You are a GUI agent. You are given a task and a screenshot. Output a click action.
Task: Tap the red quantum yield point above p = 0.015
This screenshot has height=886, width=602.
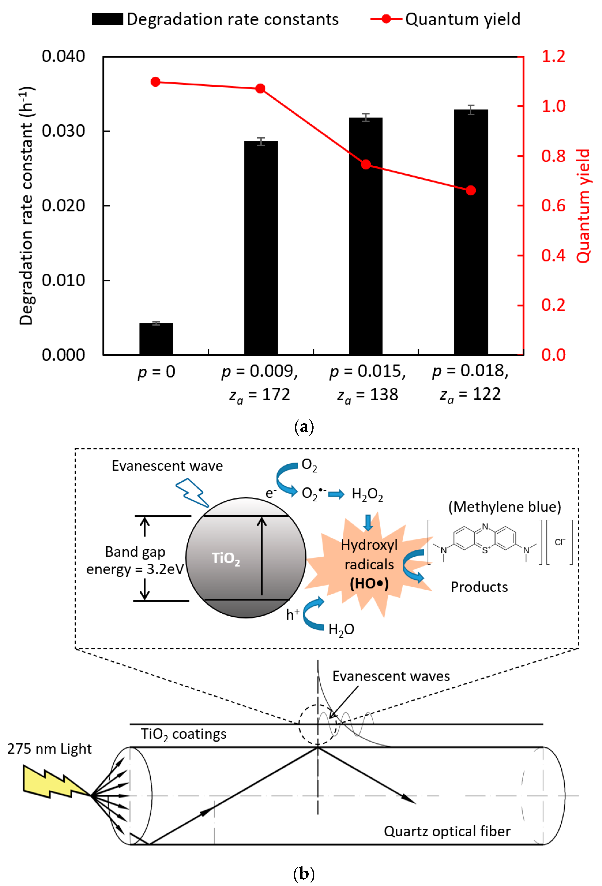point(365,164)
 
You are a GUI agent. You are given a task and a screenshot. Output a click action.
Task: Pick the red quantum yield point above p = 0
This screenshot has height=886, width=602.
point(155,82)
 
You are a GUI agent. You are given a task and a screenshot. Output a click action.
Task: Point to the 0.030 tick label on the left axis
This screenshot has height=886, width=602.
point(63,131)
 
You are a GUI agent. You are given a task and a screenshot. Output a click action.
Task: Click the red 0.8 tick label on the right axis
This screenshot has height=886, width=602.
point(553,156)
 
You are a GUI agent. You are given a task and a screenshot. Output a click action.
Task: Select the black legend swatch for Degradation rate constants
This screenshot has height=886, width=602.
point(107,19)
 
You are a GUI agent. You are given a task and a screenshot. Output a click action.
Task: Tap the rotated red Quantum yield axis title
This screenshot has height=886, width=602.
point(583,206)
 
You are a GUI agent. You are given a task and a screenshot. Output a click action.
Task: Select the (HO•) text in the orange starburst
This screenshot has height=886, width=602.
point(369,584)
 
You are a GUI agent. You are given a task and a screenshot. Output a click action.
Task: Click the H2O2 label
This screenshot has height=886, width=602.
point(367,494)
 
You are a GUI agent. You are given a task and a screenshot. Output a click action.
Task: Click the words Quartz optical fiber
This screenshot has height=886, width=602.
point(447,831)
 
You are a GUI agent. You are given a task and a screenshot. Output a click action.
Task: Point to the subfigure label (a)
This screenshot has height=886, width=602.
point(304,427)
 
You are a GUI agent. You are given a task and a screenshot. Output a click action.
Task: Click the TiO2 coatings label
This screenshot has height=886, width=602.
point(184,734)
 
